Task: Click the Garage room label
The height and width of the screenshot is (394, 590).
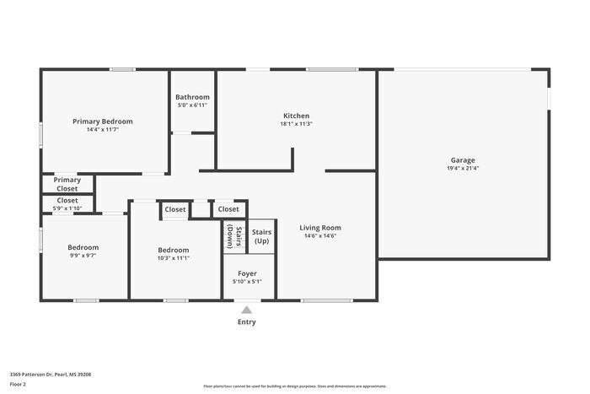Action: pos(463,160)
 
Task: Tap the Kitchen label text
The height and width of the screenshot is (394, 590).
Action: pos(295,116)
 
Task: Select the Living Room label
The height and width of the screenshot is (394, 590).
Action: pos(320,228)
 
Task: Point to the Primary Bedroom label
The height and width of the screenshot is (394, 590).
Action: pos(102,121)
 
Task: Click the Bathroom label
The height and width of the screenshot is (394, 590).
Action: pos(192,97)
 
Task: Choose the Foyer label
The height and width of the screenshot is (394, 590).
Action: pos(247,273)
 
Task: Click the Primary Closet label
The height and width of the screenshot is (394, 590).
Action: pos(67,184)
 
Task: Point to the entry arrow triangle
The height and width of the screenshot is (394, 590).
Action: pos(246,310)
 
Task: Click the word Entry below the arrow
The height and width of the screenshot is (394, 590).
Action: pos(246,321)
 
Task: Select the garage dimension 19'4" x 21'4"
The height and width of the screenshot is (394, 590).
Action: pos(463,168)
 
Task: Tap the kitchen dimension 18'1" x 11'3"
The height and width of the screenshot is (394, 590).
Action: pos(296,124)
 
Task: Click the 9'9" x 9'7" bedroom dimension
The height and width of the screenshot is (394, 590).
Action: pos(83,256)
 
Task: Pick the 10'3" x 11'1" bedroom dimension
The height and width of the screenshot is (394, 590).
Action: pos(174,258)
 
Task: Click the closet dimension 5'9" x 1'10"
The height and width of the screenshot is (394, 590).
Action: pos(67,208)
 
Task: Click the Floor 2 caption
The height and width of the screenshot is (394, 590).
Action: pos(18,384)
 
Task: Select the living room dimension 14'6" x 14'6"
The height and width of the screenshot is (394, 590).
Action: pos(320,236)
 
